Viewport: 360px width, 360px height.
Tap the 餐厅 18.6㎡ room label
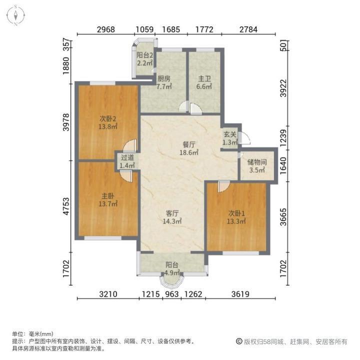click(188, 149)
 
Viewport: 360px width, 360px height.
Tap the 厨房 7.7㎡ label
click(164, 82)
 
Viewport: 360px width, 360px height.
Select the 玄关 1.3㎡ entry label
click(229, 138)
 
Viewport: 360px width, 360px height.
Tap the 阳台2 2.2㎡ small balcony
click(144, 59)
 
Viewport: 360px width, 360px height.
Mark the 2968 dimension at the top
click(106, 29)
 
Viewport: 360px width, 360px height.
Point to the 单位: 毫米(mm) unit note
click(32, 334)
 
